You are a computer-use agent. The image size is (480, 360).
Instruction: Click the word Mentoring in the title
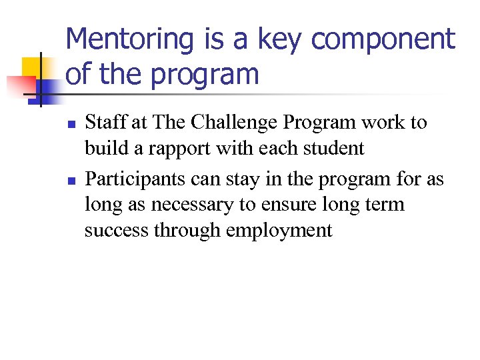tap(130, 40)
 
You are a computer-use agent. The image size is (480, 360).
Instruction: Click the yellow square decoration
tap(32, 67)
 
